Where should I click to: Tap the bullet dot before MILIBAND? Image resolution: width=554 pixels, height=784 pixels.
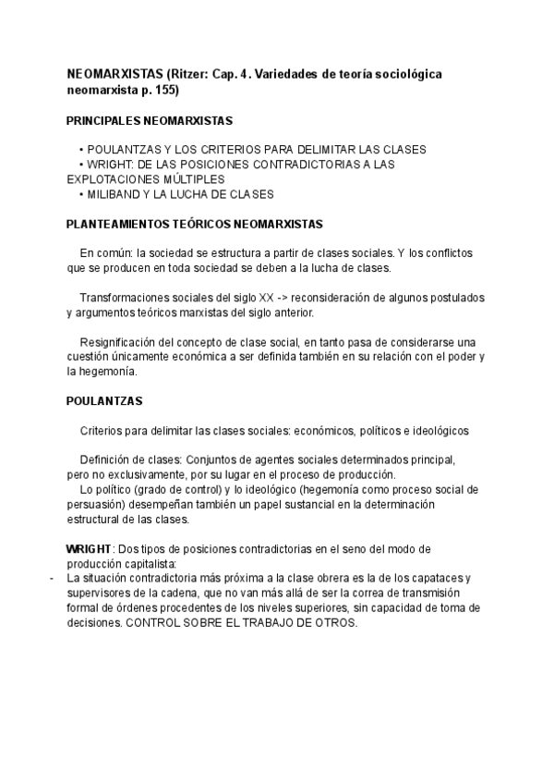pos(81,194)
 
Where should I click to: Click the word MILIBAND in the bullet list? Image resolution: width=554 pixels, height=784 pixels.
pos(114,194)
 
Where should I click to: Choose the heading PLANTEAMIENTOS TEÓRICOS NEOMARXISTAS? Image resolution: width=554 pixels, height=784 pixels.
pos(194,224)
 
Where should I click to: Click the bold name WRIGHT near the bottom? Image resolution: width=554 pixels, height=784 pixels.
pos(88,549)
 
